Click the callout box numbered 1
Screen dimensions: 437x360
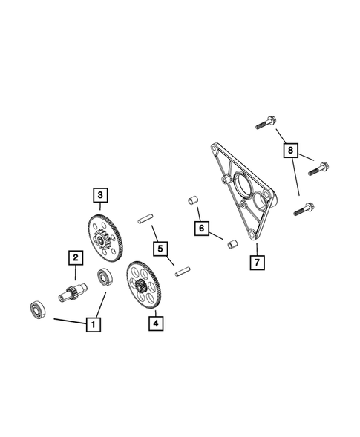pos(93,323)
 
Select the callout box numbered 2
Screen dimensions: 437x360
pos(75,257)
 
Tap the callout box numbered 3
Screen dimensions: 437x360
pos(99,195)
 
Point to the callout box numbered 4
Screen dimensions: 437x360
pos(155,323)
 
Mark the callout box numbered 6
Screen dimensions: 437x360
pos(201,227)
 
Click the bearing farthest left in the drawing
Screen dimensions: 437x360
pos(36,309)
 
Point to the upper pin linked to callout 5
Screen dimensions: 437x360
pos(144,219)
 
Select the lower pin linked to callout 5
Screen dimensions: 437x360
pos(180,272)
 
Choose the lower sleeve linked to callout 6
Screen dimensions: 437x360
pos(231,243)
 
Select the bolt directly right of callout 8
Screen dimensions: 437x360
pos(321,166)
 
